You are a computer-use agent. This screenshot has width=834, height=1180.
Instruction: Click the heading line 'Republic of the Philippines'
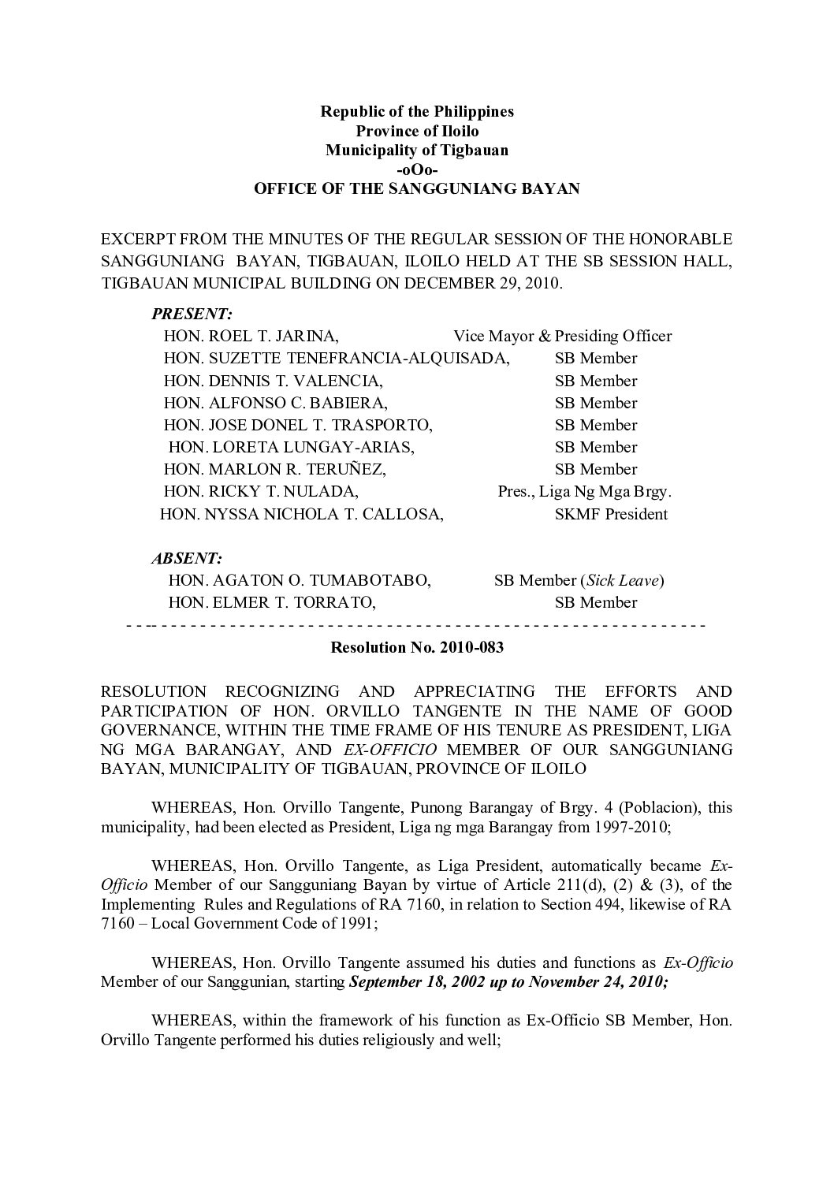[x=416, y=111]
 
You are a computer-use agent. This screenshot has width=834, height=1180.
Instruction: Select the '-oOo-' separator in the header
[x=416, y=169]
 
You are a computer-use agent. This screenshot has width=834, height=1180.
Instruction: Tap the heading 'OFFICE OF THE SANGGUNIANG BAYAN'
[x=416, y=189]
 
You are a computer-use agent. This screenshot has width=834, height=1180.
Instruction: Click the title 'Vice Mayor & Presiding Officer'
[x=562, y=336]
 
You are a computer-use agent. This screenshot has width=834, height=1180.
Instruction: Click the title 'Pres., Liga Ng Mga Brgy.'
[x=584, y=492]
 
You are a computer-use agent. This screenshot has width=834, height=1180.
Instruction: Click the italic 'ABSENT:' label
[x=187, y=558]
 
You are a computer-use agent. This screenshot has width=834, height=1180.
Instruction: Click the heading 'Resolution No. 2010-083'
[x=416, y=649]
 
